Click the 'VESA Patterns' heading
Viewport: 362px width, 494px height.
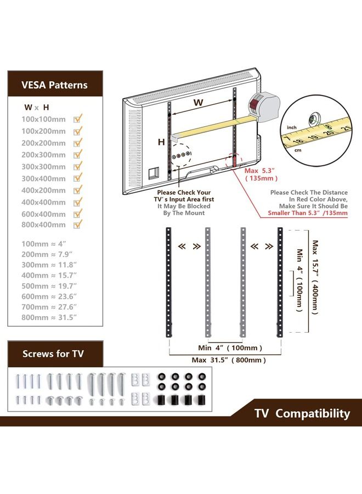(54, 85)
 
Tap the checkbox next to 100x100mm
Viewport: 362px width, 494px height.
(78, 119)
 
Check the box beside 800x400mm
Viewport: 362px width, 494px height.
(78, 224)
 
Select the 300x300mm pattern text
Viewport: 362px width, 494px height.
(43, 166)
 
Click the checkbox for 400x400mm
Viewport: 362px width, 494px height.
(78, 201)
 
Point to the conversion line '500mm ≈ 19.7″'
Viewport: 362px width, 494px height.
(49, 286)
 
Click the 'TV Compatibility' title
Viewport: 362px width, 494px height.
(302, 413)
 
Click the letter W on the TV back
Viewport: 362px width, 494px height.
(199, 103)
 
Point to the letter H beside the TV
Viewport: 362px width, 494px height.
(161, 142)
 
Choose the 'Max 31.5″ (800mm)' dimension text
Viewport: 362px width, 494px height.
(229, 360)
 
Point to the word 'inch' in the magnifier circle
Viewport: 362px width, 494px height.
(292, 128)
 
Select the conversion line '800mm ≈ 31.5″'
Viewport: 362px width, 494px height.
(49, 317)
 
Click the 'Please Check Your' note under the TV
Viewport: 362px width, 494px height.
(184, 193)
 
